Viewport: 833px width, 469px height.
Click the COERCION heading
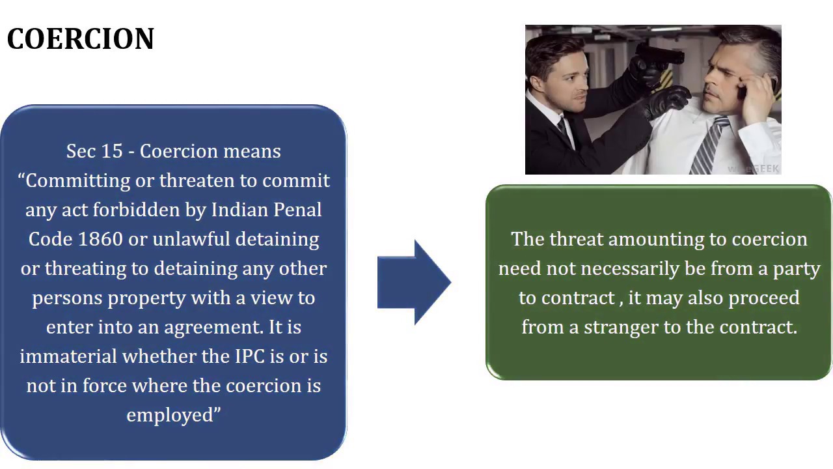[x=81, y=39]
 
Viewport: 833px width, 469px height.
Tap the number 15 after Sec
[x=112, y=151]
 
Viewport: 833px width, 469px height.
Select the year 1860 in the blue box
[x=100, y=239]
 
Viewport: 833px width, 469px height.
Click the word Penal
[x=297, y=210]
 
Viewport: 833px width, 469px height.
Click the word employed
[x=170, y=415]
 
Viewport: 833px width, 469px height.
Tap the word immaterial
[x=68, y=356]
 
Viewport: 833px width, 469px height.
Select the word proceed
[x=763, y=298]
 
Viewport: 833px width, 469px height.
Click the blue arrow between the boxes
[x=414, y=282]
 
